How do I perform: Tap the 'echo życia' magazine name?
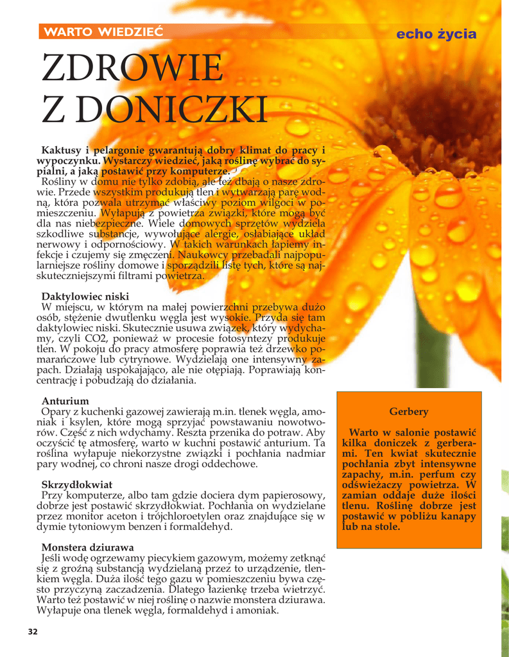coord(436,34)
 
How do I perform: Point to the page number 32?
coord(33,632)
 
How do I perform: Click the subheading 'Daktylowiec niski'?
coord(85,296)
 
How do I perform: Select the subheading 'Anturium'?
coord(65,401)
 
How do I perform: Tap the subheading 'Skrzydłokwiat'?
coord(76,484)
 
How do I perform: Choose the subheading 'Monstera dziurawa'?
coord(87,547)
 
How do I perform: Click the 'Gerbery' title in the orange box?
coord(408,411)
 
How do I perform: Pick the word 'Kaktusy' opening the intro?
coord(62,150)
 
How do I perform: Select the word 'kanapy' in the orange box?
coord(458,516)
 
